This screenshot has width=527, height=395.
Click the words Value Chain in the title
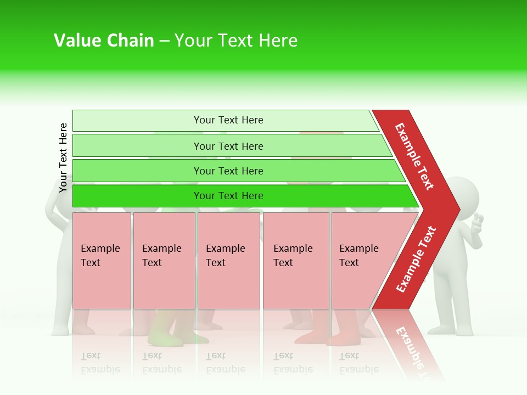(x=104, y=41)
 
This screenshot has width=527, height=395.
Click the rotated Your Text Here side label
(x=63, y=157)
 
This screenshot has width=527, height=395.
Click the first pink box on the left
(x=102, y=261)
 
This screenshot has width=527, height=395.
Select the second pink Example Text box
(x=164, y=261)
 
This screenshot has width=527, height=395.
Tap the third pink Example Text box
(x=228, y=261)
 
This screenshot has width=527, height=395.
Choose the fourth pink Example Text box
(x=295, y=261)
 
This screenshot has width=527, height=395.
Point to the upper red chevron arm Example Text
(x=415, y=156)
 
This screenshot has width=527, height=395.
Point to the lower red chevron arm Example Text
(x=416, y=259)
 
